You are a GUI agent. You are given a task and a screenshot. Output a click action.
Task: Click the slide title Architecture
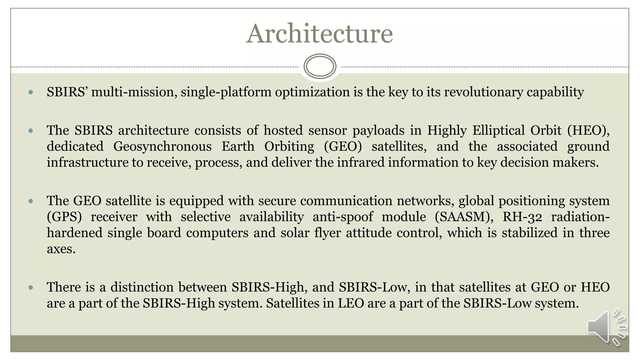coord(319,34)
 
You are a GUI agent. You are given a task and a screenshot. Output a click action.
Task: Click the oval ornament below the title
coord(320,66)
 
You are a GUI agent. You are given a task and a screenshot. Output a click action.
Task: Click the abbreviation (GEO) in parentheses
coord(343,146)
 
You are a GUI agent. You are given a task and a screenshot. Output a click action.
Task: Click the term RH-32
coord(522,217)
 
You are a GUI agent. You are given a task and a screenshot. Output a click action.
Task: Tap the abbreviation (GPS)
coord(64,217)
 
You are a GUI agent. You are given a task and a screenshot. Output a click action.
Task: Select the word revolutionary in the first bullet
coord(483,92)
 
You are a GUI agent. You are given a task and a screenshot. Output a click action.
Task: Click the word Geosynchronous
coord(162,146)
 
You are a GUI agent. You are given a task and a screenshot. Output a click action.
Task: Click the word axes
coord(61,249)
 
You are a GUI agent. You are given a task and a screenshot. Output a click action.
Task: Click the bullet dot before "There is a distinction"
coord(31,287)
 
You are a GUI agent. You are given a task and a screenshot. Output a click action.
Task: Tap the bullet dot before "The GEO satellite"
coord(31,201)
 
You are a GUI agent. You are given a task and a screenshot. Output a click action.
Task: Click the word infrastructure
coord(88,162)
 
